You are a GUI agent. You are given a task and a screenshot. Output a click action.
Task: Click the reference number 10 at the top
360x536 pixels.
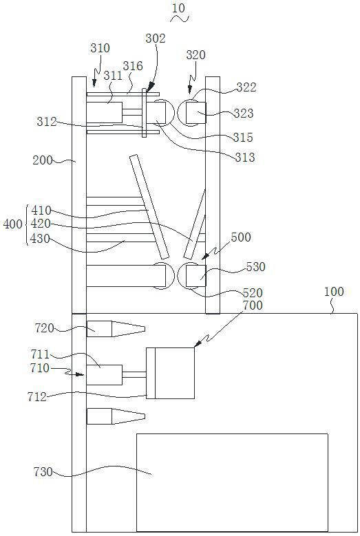(178, 8)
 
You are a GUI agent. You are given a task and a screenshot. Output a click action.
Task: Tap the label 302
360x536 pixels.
(156, 39)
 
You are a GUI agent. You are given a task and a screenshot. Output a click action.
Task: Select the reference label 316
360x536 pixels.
(133, 65)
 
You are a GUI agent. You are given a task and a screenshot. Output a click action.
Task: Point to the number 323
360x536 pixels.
(244, 113)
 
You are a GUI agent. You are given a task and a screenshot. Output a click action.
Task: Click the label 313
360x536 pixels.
(245, 158)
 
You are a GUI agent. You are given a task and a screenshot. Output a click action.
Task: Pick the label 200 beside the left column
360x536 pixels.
(43, 160)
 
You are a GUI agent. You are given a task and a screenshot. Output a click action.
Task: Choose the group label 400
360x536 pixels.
(12, 224)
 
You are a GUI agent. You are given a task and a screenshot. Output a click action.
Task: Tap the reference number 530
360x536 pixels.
(256, 267)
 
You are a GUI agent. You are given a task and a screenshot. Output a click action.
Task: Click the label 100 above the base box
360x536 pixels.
(334, 292)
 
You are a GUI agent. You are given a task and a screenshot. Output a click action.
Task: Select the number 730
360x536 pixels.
(43, 472)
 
